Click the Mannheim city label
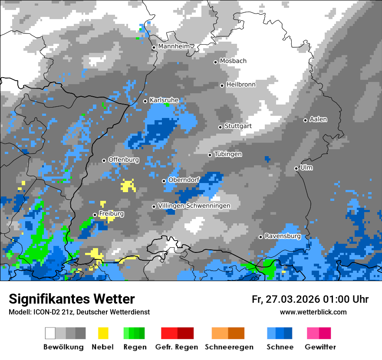coord(174,46)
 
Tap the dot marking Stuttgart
coord(221,127)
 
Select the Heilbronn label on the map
coord(241,85)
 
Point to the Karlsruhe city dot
coord(145,101)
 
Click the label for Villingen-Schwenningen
coord(194,206)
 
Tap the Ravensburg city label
coord(283,236)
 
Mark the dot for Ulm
coord(296,168)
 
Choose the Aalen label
coord(318,119)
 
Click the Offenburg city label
coord(124,160)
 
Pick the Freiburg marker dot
coord(95,215)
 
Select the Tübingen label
coord(228,154)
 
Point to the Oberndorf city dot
coord(164,181)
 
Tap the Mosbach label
coord(233,61)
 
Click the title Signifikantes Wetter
coord(72,299)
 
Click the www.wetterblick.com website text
coord(313,312)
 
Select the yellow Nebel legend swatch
coord(103,333)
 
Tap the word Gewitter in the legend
coord(320,347)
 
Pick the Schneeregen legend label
coord(229,347)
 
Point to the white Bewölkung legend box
coord(50,333)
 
